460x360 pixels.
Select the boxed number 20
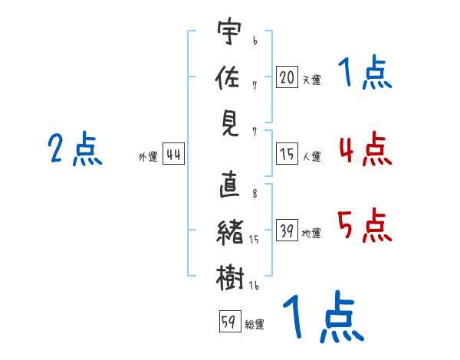287,77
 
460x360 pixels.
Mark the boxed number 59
228,322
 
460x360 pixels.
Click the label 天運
311,79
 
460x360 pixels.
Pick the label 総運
255,324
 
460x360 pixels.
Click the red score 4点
365,149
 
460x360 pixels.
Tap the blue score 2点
75,149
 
